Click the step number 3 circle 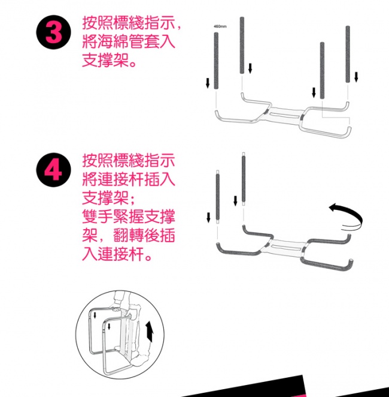(x=53, y=32)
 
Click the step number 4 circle (x=53, y=170)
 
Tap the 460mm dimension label (x=220, y=26)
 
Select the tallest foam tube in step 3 (x=242, y=46)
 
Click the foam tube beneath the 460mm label (x=216, y=61)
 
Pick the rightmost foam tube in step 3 (x=348, y=54)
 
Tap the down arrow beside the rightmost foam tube (x=356, y=77)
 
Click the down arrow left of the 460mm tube (x=208, y=83)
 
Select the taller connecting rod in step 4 (x=244, y=179)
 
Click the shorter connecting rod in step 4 (x=218, y=197)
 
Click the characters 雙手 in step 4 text (x=98, y=216)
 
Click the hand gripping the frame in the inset (x=116, y=309)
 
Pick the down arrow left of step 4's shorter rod (x=208, y=218)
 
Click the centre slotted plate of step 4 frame (x=287, y=246)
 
